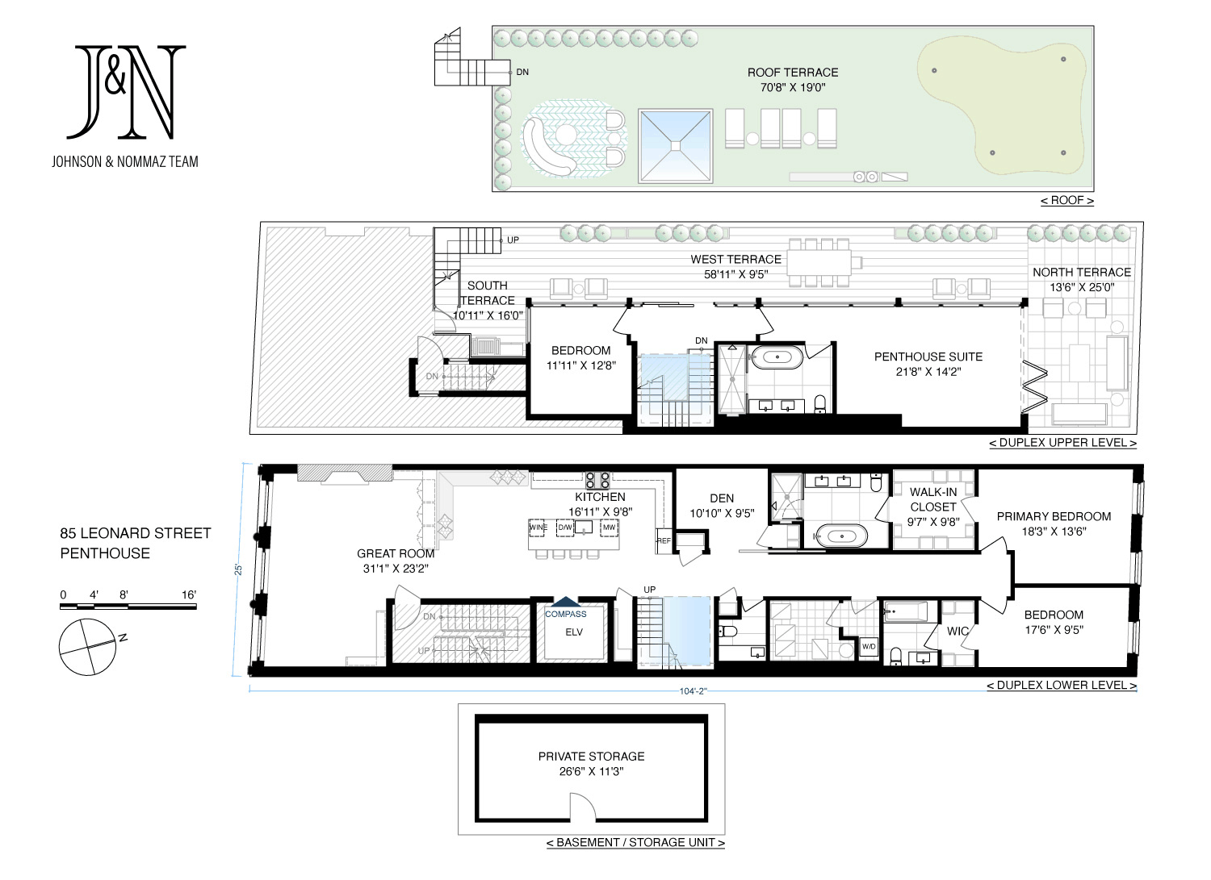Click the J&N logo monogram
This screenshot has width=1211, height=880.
[126, 91]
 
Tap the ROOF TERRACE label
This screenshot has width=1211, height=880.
[793, 73]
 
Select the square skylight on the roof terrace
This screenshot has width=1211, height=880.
[675, 146]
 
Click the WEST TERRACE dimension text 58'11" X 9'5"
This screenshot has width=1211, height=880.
[735, 274]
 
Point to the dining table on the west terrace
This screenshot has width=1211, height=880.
[818, 263]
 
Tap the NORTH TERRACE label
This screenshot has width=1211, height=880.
[1082, 273]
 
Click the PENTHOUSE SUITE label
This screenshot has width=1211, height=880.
[928, 357]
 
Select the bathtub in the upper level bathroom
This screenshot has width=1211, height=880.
[777, 357]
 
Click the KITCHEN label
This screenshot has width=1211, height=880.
[600, 497]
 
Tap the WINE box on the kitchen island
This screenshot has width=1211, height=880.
[538, 528]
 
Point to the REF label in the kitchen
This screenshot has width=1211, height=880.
[664, 540]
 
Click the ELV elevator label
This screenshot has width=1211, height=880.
[574, 632]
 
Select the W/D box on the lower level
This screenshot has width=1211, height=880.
[869, 647]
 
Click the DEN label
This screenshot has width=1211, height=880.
[722, 498]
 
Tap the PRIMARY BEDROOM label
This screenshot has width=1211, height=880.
[1054, 516]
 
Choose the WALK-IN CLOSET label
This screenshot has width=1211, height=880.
[933, 500]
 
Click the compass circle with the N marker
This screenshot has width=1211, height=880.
[87, 647]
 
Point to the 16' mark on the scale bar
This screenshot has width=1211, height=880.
[189, 594]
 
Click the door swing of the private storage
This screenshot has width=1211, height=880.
[584, 807]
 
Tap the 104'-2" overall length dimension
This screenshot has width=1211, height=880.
[693, 691]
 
